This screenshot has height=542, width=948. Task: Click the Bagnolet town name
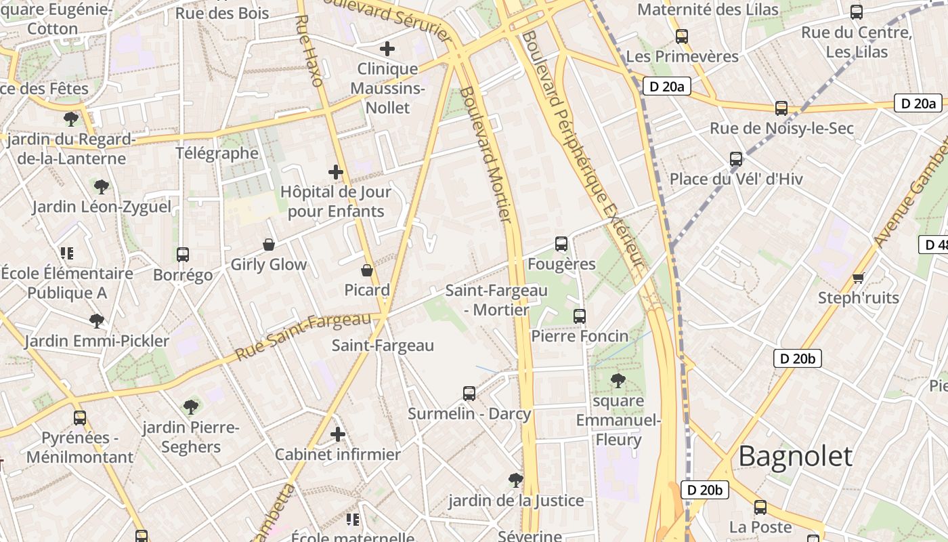pyautogui.click(x=795, y=457)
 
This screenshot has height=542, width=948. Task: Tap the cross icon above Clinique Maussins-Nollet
pyautogui.click(x=387, y=49)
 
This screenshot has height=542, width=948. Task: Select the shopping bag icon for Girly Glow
pyautogui.click(x=269, y=245)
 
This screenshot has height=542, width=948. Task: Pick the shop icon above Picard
pyautogui.click(x=367, y=270)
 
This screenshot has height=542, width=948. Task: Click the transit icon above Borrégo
pyautogui.click(x=183, y=255)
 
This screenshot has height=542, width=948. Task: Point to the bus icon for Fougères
pyautogui.click(x=561, y=244)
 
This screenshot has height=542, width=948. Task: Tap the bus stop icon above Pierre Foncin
pyautogui.click(x=580, y=316)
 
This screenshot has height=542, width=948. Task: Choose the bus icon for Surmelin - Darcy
pyautogui.click(x=469, y=393)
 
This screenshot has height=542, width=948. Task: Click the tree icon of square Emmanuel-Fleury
pyautogui.click(x=618, y=381)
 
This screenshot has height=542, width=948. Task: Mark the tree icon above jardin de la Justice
pyautogui.click(x=516, y=480)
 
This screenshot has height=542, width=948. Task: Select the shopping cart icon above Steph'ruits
pyautogui.click(x=859, y=278)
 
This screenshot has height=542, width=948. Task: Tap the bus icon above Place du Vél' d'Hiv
pyautogui.click(x=736, y=159)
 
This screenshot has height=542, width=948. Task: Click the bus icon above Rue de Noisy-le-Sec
pyautogui.click(x=781, y=108)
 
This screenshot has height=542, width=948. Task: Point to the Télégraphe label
pyautogui.click(x=217, y=153)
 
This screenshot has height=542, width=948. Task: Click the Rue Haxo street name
pyautogui.click(x=308, y=51)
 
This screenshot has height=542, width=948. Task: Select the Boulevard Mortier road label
pyautogui.click(x=486, y=154)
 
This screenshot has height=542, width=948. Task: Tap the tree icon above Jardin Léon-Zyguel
pyautogui.click(x=102, y=186)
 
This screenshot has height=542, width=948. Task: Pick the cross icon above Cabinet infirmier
pyautogui.click(x=338, y=434)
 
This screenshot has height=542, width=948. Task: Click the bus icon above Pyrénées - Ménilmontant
pyautogui.click(x=80, y=417)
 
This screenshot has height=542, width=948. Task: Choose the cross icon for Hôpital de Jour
pyautogui.click(x=336, y=172)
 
